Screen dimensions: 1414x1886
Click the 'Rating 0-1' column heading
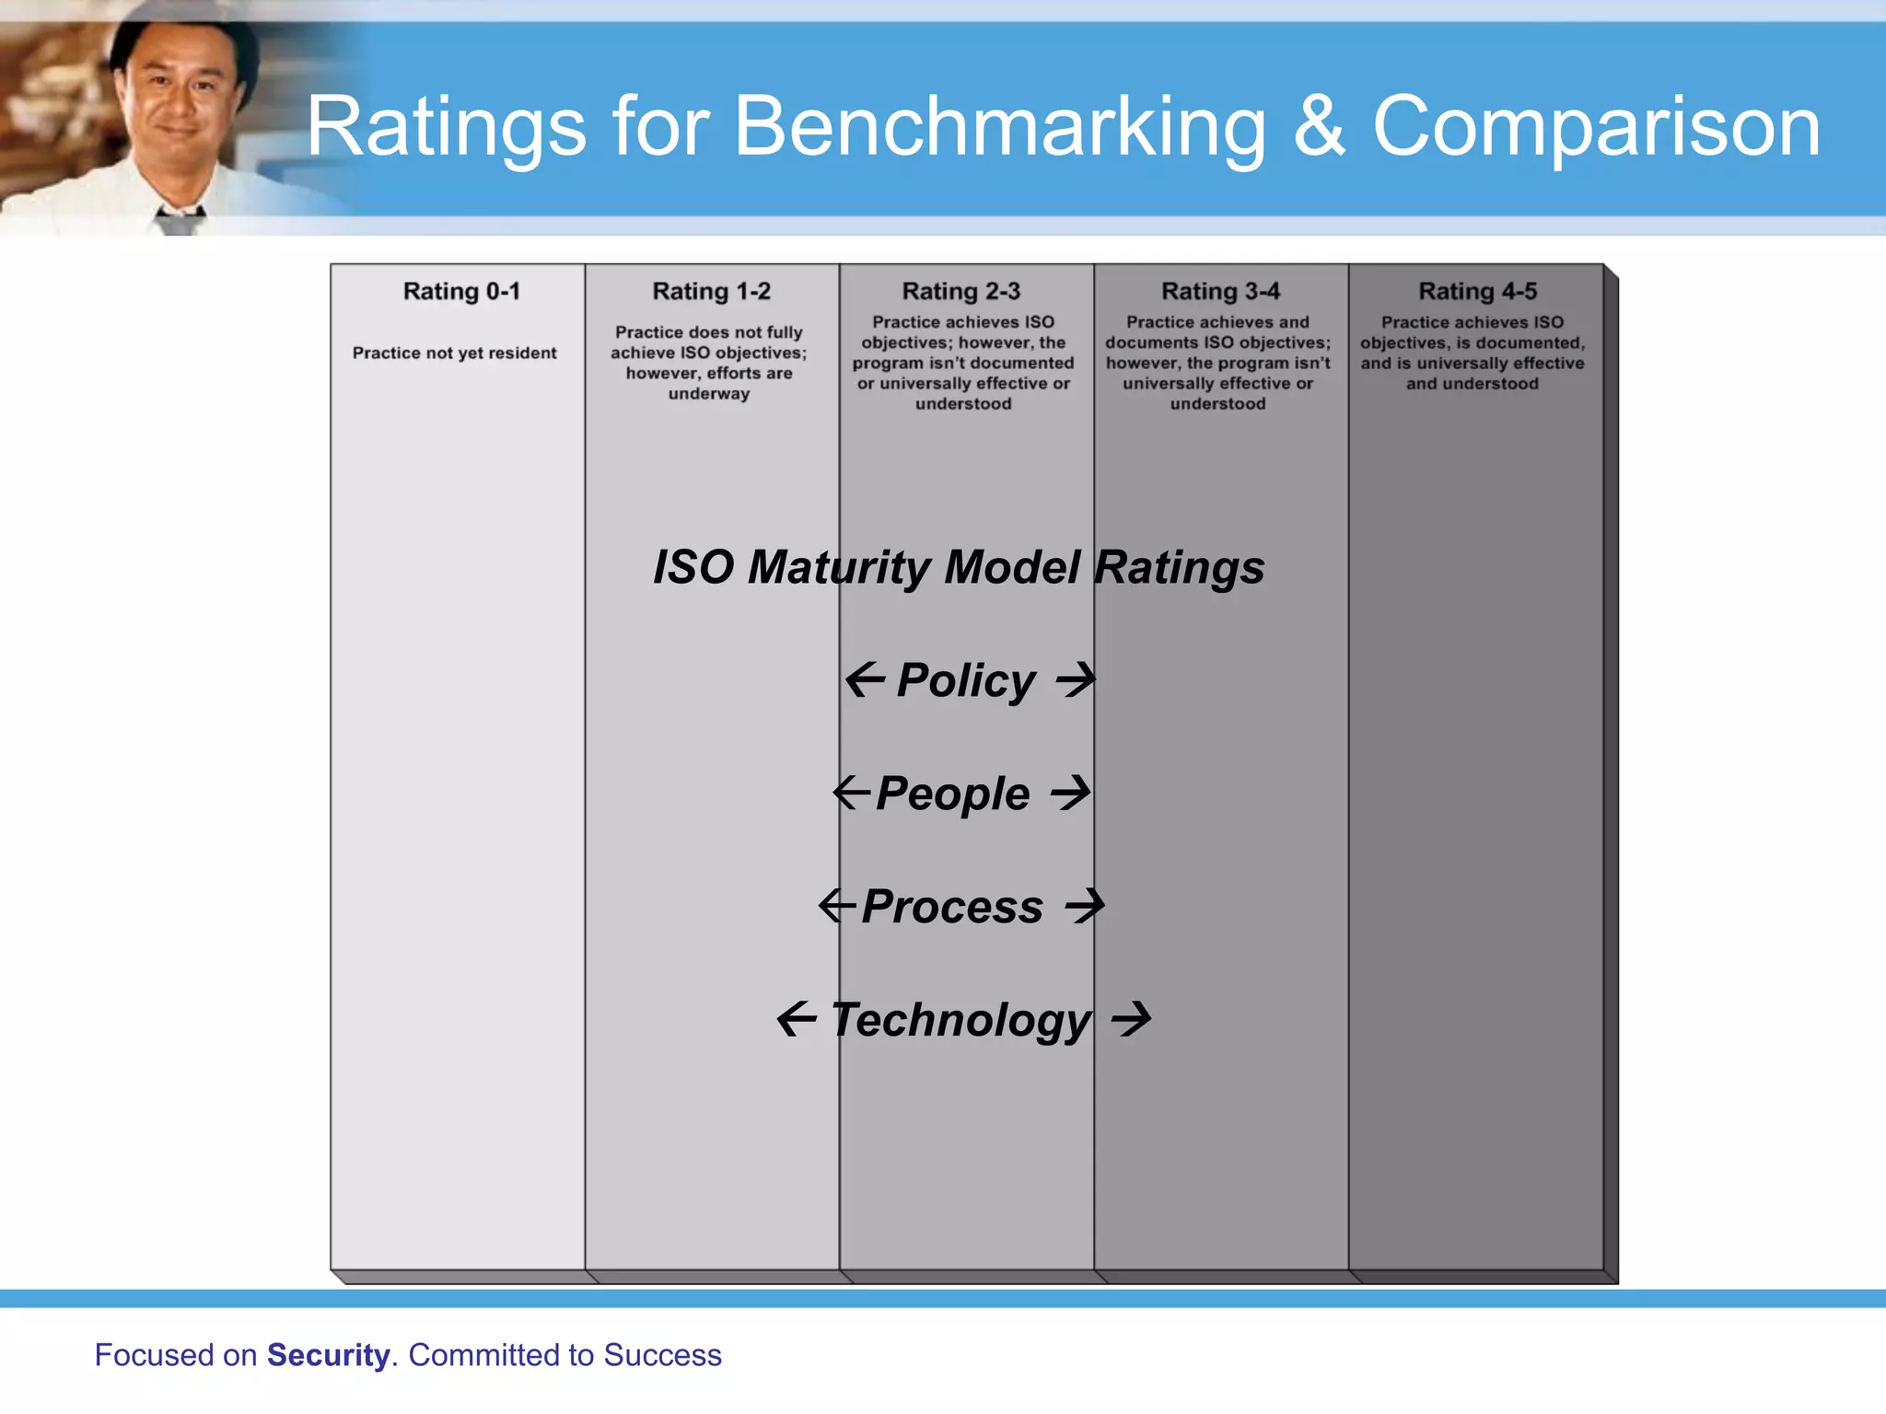pos(461,292)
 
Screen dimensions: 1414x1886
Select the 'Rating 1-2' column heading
pos(711,292)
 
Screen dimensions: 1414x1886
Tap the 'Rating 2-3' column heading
pos(960,292)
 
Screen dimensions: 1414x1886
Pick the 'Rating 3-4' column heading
pos(1220,292)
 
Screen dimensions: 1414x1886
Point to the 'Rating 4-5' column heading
pos(1477,292)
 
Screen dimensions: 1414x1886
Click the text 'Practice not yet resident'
pos(454,353)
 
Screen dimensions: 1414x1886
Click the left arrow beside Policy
pos(865,680)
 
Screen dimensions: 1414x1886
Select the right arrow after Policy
pos(1076,680)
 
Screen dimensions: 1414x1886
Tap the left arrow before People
pos(851,793)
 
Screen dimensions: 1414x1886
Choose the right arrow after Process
pos(1085,906)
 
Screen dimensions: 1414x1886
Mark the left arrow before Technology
pos(797,1018)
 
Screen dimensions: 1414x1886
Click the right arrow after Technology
pos(1131,1018)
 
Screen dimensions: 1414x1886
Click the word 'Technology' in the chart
pos(960,1020)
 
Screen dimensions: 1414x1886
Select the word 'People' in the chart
pos(952,794)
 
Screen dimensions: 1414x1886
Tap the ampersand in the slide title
pos(1319,126)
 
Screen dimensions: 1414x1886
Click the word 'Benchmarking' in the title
pos(999,128)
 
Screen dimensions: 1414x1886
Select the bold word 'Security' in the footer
pos(328,1355)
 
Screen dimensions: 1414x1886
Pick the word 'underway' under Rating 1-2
pos(709,394)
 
